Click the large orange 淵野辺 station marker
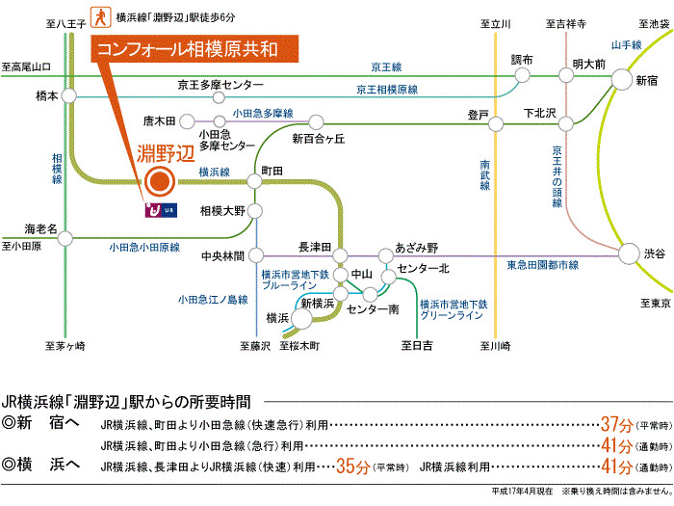pyautogui.click(x=158, y=180)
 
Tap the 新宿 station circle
pyautogui.click(x=620, y=81)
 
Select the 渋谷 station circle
pyautogui.click(x=628, y=253)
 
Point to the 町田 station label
pyautogui.click(x=272, y=170)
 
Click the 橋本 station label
pyautogui.click(x=47, y=96)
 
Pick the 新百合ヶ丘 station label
pyautogui.click(x=318, y=139)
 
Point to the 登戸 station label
pyautogui.click(x=479, y=114)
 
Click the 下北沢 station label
pyautogui.click(x=540, y=113)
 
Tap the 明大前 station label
pyautogui.click(x=588, y=64)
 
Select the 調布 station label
pyautogui.click(x=521, y=60)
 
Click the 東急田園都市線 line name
pyautogui.click(x=541, y=264)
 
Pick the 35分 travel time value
pyautogui.click(x=351, y=466)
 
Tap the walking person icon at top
pyautogui.click(x=99, y=16)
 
